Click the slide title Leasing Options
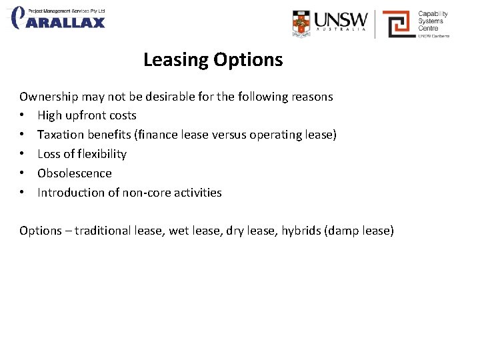tap(213, 60)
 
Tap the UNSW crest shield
tap(301, 23)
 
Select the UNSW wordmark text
tap(341, 19)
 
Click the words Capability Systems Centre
tap(433, 21)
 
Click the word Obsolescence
tap(75, 173)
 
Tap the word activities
tap(198, 193)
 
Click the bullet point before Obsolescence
tap(23, 173)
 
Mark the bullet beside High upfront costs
tap(23, 115)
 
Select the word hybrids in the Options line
tap(301, 231)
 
